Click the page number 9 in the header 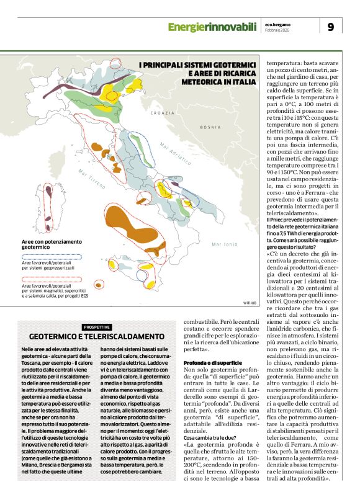click(330, 26)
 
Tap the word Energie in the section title click(187, 26)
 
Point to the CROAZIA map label click(163, 113)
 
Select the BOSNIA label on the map click(210, 127)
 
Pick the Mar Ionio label click(224, 244)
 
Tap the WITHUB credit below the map click(250, 303)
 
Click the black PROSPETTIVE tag click(97, 327)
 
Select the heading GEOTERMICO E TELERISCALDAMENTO click(96, 336)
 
